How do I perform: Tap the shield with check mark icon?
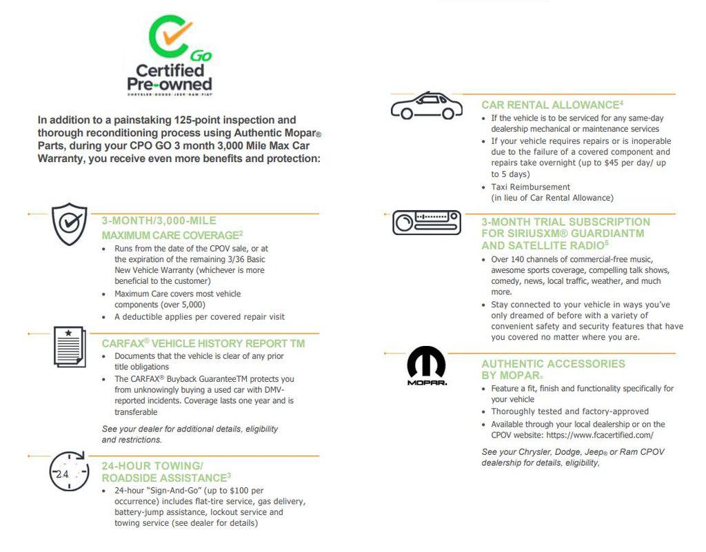70,224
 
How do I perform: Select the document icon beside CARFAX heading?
70,346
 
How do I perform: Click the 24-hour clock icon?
68,472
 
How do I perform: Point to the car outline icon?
426,106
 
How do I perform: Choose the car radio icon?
426,223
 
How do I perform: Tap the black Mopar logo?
426,365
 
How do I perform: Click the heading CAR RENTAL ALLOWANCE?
550,105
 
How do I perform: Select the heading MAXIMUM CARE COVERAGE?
170,236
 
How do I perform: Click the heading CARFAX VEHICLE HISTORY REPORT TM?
203,343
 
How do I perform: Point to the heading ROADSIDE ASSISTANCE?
164,478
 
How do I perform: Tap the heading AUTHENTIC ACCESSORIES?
553,364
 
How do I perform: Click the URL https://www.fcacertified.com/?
599,436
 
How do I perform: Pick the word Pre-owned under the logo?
169,84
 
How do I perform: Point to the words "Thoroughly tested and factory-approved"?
569,411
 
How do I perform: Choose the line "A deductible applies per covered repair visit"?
199,317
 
